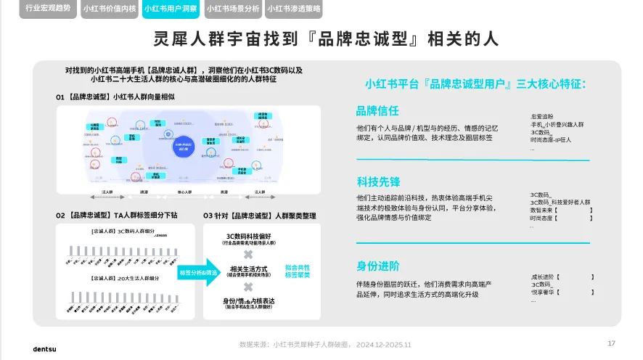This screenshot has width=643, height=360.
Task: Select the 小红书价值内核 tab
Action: click(109, 9)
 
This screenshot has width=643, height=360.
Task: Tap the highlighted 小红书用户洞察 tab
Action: click(171, 9)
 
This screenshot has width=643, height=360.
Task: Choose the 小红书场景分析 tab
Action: click(232, 9)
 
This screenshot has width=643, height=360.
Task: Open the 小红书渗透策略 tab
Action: click(293, 9)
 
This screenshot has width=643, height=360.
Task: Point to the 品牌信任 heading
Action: click(377, 110)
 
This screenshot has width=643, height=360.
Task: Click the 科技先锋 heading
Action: click(377, 181)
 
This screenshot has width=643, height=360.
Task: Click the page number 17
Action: click(611, 343)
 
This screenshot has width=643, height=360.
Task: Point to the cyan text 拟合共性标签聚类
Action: click(297, 271)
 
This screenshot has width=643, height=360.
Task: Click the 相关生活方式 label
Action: click(249, 269)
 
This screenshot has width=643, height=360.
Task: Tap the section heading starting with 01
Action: click(115, 97)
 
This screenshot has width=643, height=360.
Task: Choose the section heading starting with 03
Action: click(259, 216)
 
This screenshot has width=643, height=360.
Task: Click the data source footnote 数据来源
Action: click(324, 345)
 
